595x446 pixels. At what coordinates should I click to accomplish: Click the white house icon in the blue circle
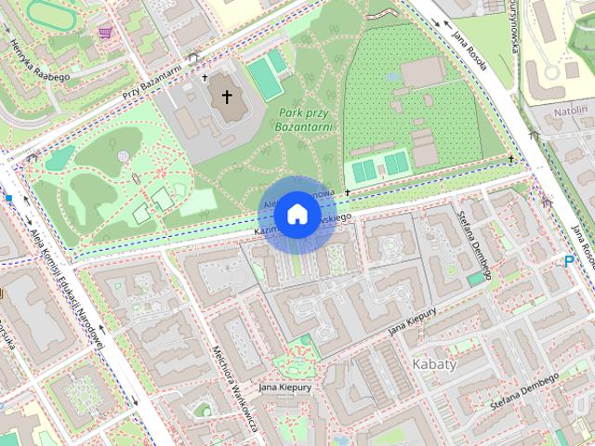[x=297, y=215]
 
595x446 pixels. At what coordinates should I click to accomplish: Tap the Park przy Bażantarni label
[x=305, y=119]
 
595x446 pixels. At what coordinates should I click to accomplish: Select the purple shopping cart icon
[x=105, y=33]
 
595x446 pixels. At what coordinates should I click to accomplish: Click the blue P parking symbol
[x=569, y=263]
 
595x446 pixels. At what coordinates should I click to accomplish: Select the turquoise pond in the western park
[x=58, y=159]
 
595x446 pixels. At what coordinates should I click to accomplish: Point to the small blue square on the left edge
[x=8, y=197]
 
